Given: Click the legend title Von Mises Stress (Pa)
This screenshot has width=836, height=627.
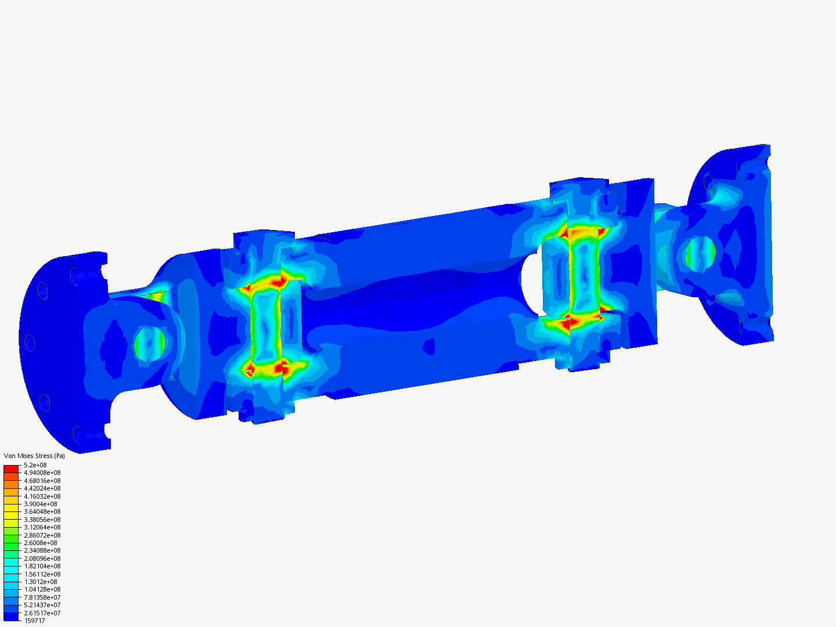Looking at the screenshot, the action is (x=34, y=456).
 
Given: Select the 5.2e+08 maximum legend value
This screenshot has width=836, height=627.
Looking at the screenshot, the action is (x=35, y=465).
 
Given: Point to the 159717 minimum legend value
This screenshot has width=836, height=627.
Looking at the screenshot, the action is (x=34, y=621).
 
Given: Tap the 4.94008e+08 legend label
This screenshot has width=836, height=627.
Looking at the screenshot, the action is (x=42, y=473).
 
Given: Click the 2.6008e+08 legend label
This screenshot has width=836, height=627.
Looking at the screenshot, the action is (x=41, y=543).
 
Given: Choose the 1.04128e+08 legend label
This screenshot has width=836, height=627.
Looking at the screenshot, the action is (x=42, y=589).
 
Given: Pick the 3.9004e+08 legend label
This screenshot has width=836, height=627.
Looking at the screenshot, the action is (x=41, y=504).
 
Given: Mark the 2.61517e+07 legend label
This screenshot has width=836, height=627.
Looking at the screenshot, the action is (x=42, y=613).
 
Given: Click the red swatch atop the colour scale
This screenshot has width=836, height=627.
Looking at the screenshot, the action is (x=11, y=469).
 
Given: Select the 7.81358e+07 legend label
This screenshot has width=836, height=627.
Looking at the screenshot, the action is (x=42, y=597).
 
